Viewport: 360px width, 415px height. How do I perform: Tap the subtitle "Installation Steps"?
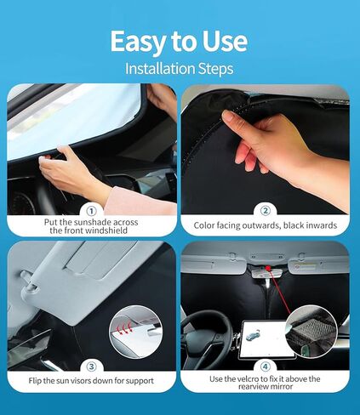[180, 67]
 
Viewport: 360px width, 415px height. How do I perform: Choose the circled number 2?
[266, 210]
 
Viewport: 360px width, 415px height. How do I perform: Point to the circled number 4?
[266, 361]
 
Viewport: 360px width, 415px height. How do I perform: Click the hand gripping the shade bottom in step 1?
[72, 169]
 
